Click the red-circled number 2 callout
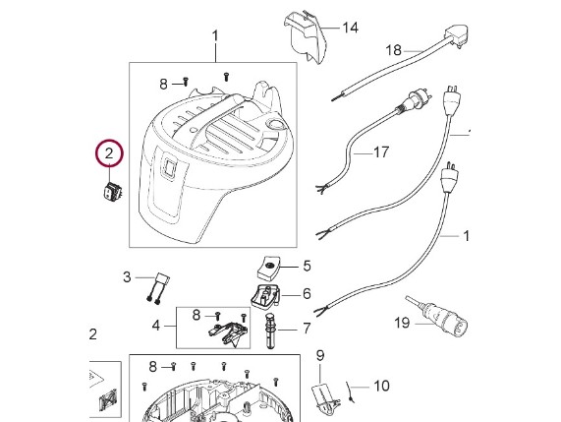coord(109,153)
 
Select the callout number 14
coord(351,28)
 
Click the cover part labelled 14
coord(306,37)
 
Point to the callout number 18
coord(394,50)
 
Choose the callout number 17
coord(381,152)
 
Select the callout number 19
coord(402,323)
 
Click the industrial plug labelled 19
coord(445,315)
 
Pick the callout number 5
coord(307,267)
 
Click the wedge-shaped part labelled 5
coord(268,268)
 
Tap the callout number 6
coord(307,294)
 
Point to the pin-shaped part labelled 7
coord(271,331)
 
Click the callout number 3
coord(127,277)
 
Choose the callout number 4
coord(155,326)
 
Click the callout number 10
coord(381,387)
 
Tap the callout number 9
coord(320,355)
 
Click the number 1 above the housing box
coord(215,36)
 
